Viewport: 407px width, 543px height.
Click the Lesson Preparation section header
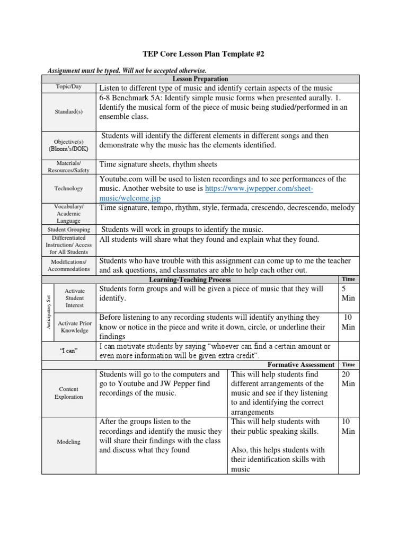tap(200, 78)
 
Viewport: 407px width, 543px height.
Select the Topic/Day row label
tap(69, 87)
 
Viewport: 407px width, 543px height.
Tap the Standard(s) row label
tap(69, 112)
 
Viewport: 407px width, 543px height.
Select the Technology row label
tap(69, 188)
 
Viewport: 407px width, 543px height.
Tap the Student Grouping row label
tap(69, 230)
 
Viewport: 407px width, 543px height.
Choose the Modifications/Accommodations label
tap(69, 265)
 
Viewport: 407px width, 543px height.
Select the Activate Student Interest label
tap(74, 298)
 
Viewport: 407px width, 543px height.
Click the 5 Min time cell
tap(348, 293)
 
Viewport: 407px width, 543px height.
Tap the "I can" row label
tap(69, 351)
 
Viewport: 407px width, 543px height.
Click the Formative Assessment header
tap(300, 364)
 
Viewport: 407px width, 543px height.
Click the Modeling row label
tap(69, 442)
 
